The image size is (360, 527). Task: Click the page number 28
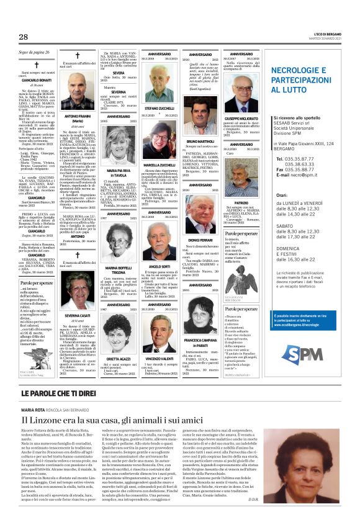24,37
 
